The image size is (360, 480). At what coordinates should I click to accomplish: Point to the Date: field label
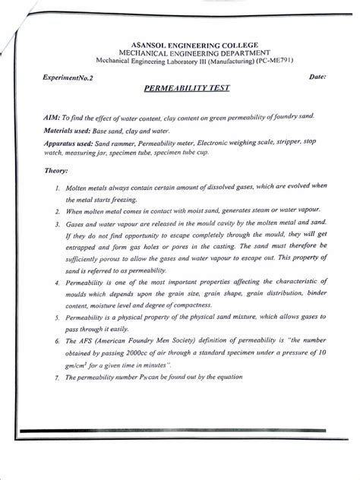pos(314,78)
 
